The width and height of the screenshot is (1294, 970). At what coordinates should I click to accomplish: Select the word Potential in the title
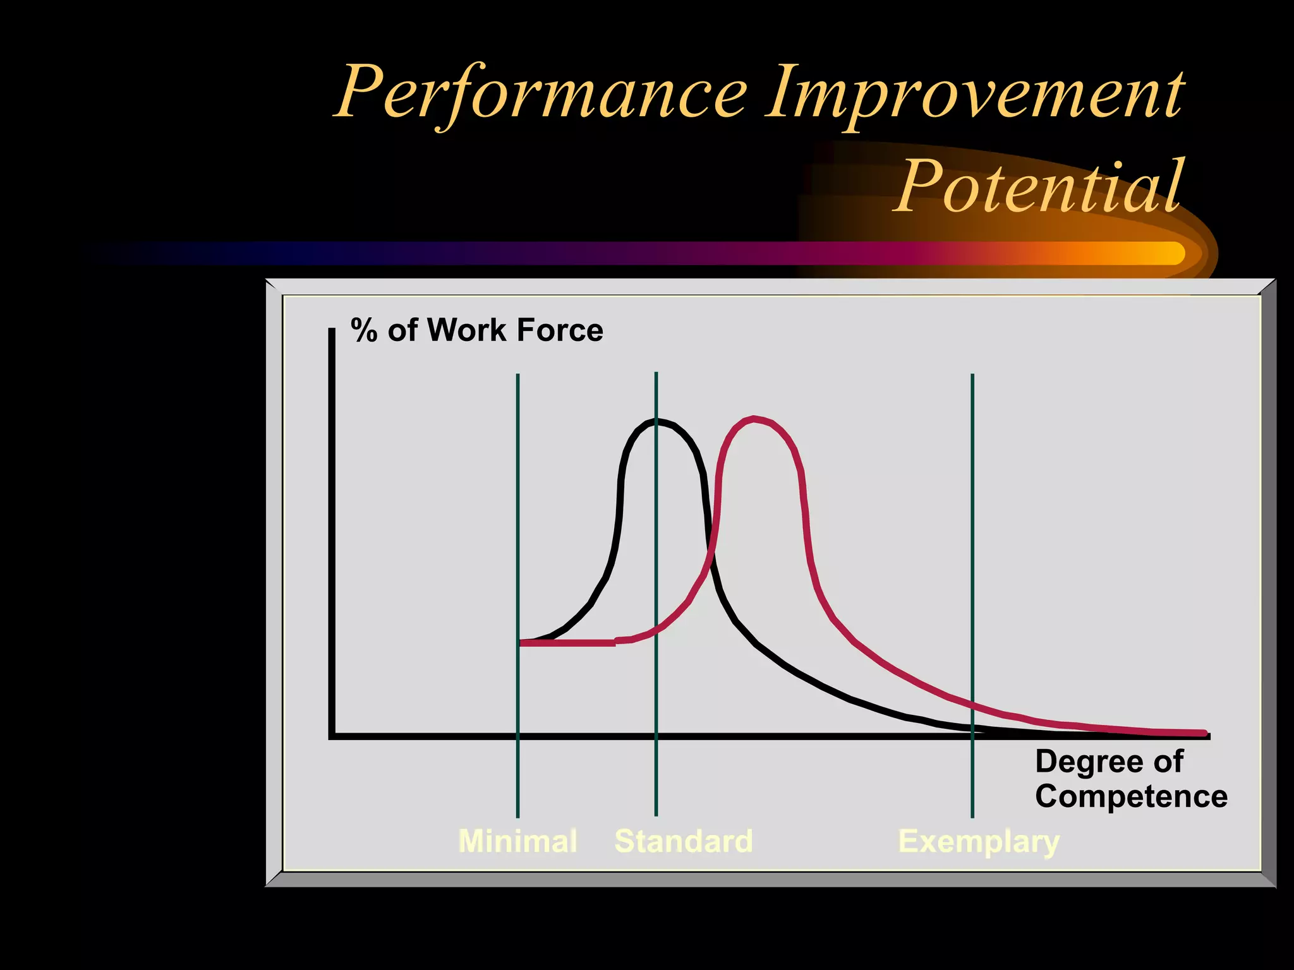pos(1037,187)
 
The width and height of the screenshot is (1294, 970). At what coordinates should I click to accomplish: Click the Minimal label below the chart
pos(517,841)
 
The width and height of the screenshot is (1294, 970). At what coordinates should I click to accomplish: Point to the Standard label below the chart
pos(684,841)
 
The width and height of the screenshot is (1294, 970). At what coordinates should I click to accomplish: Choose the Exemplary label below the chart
pos(979,842)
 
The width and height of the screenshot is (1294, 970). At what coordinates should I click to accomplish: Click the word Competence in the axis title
pos(1131,796)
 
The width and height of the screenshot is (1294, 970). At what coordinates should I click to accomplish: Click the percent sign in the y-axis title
pos(364,330)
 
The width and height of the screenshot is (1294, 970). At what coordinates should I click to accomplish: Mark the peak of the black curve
pos(657,421)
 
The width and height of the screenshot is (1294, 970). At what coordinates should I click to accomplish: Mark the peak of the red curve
pos(754,419)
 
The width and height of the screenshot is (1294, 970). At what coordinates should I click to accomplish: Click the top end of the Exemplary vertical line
pos(972,376)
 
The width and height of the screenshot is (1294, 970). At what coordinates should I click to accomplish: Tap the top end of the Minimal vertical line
pos(517,376)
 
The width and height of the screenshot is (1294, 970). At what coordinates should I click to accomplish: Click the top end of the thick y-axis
pos(332,330)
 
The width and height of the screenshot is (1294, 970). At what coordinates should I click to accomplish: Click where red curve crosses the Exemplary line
pos(972,705)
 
